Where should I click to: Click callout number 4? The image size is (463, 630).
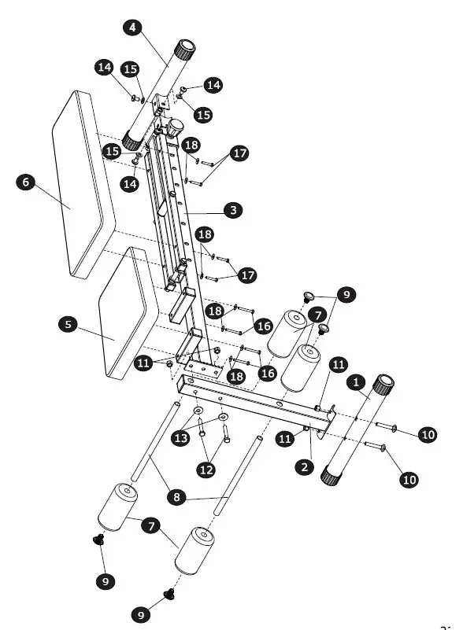pyautogui.click(x=132, y=27)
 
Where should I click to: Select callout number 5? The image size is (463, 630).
pyautogui.click(x=69, y=324)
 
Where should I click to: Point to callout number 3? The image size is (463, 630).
pyautogui.click(x=232, y=210)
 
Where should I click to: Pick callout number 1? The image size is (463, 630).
pyautogui.click(x=357, y=382)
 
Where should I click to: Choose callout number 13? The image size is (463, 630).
pyautogui.click(x=181, y=438)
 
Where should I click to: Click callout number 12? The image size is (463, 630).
pyautogui.click(x=206, y=470)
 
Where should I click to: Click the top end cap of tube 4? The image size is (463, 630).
pyautogui.click(x=187, y=52)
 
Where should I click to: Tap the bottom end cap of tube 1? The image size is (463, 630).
pyautogui.click(x=331, y=474)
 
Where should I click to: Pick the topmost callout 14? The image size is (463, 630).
pyautogui.click(x=104, y=68)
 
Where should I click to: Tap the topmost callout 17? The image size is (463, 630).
pyautogui.click(x=240, y=153)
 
